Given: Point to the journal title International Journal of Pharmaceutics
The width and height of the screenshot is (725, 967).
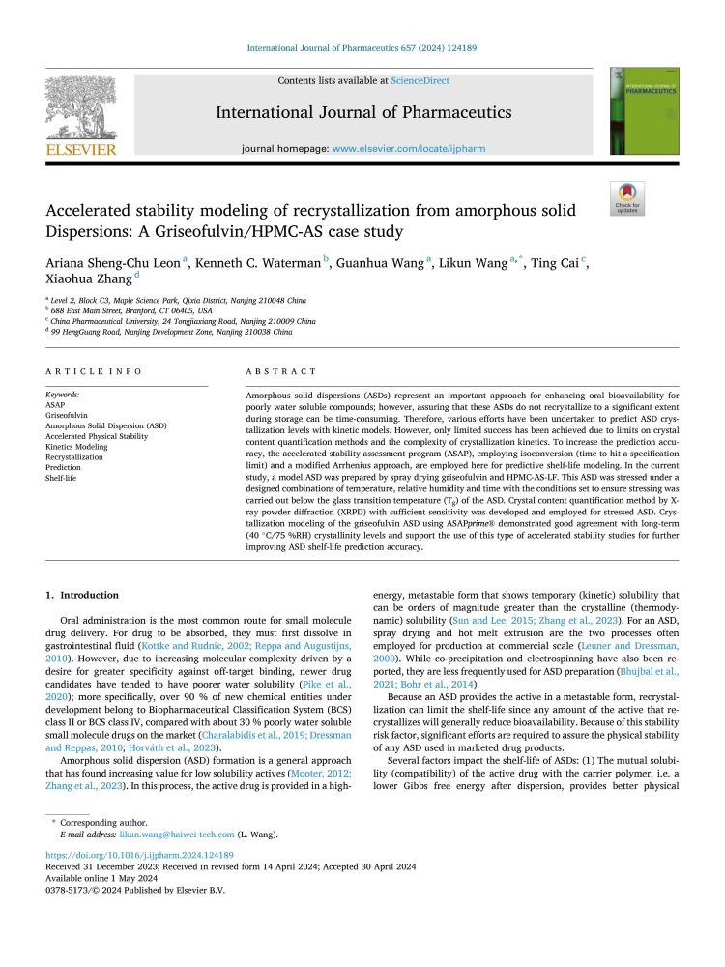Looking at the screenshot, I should (362, 113).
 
